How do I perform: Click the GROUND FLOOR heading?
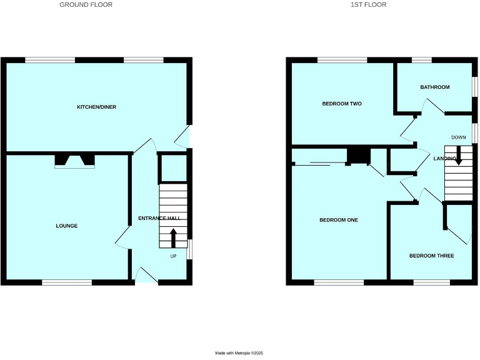[86, 5]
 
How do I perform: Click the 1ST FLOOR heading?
[369, 5]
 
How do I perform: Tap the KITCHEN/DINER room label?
[96, 107]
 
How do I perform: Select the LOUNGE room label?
[67, 226]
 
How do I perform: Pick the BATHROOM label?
[434, 87]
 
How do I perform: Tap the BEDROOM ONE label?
[338, 220]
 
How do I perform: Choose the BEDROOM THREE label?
[431, 256]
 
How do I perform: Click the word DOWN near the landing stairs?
[459, 137]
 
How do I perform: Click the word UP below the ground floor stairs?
[174, 256]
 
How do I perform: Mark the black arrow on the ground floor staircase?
[173, 238]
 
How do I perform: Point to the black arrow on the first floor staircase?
[458, 156]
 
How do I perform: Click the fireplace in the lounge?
[75, 161]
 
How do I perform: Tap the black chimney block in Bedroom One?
[357, 155]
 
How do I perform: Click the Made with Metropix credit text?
[239, 353]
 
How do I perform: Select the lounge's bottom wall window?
[67, 282]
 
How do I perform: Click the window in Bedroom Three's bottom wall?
[431, 282]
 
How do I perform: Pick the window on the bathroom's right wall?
[474, 87]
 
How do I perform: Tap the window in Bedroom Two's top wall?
[342, 60]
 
